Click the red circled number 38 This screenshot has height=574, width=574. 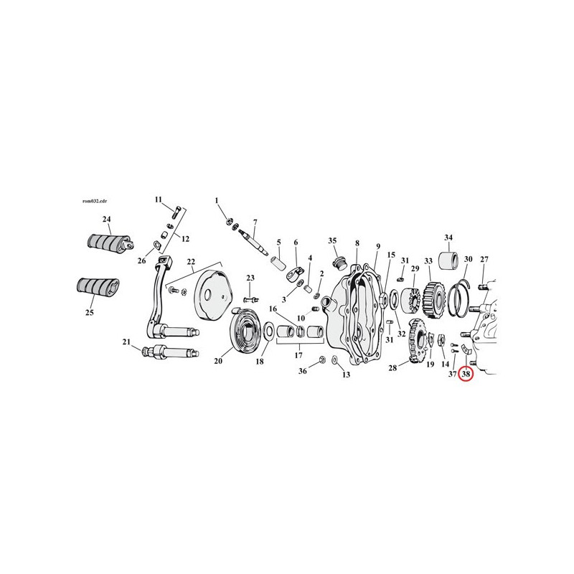pos(466,374)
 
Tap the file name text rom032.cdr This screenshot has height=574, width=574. pos(95,201)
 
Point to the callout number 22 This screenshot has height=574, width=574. pos(191,262)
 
